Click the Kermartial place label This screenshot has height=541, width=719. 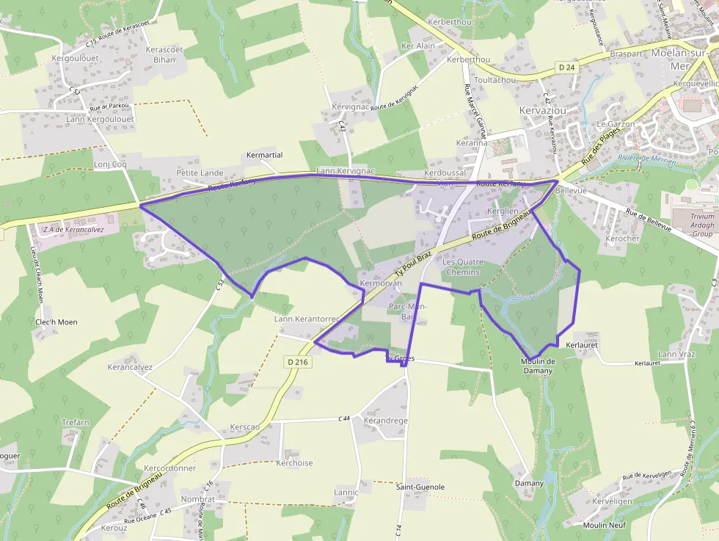click(265, 156)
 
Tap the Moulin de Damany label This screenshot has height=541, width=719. click(538, 366)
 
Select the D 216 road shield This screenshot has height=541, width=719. click(298, 362)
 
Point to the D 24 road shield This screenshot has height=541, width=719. click(565, 68)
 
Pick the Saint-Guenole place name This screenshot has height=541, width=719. click(420, 487)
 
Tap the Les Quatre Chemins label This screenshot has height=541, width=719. click(461, 267)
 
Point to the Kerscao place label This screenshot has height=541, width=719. click(244, 426)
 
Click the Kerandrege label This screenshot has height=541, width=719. click(385, 421)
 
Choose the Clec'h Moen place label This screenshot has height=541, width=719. click(56, 322)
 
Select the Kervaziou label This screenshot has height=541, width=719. click(544, 110)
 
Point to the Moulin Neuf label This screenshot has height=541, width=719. click(604, 525)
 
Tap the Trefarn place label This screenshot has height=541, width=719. click(75, 422)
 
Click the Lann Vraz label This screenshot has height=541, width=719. click(676, 355)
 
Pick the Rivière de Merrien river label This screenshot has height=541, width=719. click(646, 159)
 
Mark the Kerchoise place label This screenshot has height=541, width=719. click(294, 463)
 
